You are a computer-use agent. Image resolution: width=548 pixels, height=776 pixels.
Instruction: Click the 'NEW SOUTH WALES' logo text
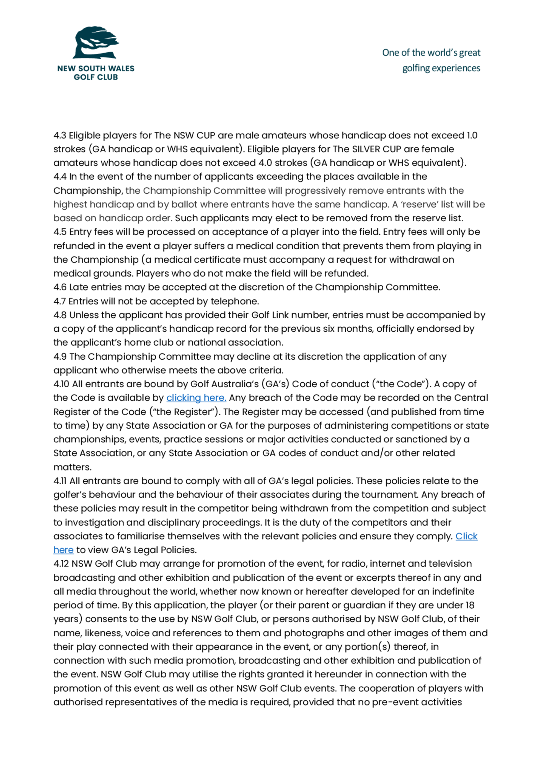coord(96,69)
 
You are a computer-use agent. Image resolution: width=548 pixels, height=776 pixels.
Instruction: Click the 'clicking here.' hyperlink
coord(196,398)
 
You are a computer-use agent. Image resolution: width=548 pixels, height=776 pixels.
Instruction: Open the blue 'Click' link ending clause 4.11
coord(466,536)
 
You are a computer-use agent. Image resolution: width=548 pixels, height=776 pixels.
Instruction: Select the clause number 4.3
coord(60,136)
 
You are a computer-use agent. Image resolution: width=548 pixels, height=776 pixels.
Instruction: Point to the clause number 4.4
coord(60,177)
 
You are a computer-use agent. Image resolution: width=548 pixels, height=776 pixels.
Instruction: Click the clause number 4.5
coord(60,232)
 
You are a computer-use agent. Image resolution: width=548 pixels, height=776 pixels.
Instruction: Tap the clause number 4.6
coord(60,287)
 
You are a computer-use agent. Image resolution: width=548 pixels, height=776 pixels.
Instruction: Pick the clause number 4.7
coord(60,301)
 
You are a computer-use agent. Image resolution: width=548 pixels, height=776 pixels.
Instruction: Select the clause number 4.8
coord(60,315)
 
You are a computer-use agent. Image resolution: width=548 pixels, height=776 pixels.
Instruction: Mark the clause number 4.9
coord(60,357)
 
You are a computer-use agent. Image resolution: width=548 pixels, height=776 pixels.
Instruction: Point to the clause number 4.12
coord(61,564)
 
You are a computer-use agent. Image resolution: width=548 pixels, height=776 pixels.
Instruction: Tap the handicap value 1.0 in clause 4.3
coord(472,136)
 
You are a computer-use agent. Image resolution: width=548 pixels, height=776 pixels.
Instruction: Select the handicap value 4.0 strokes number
coord(266,163)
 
